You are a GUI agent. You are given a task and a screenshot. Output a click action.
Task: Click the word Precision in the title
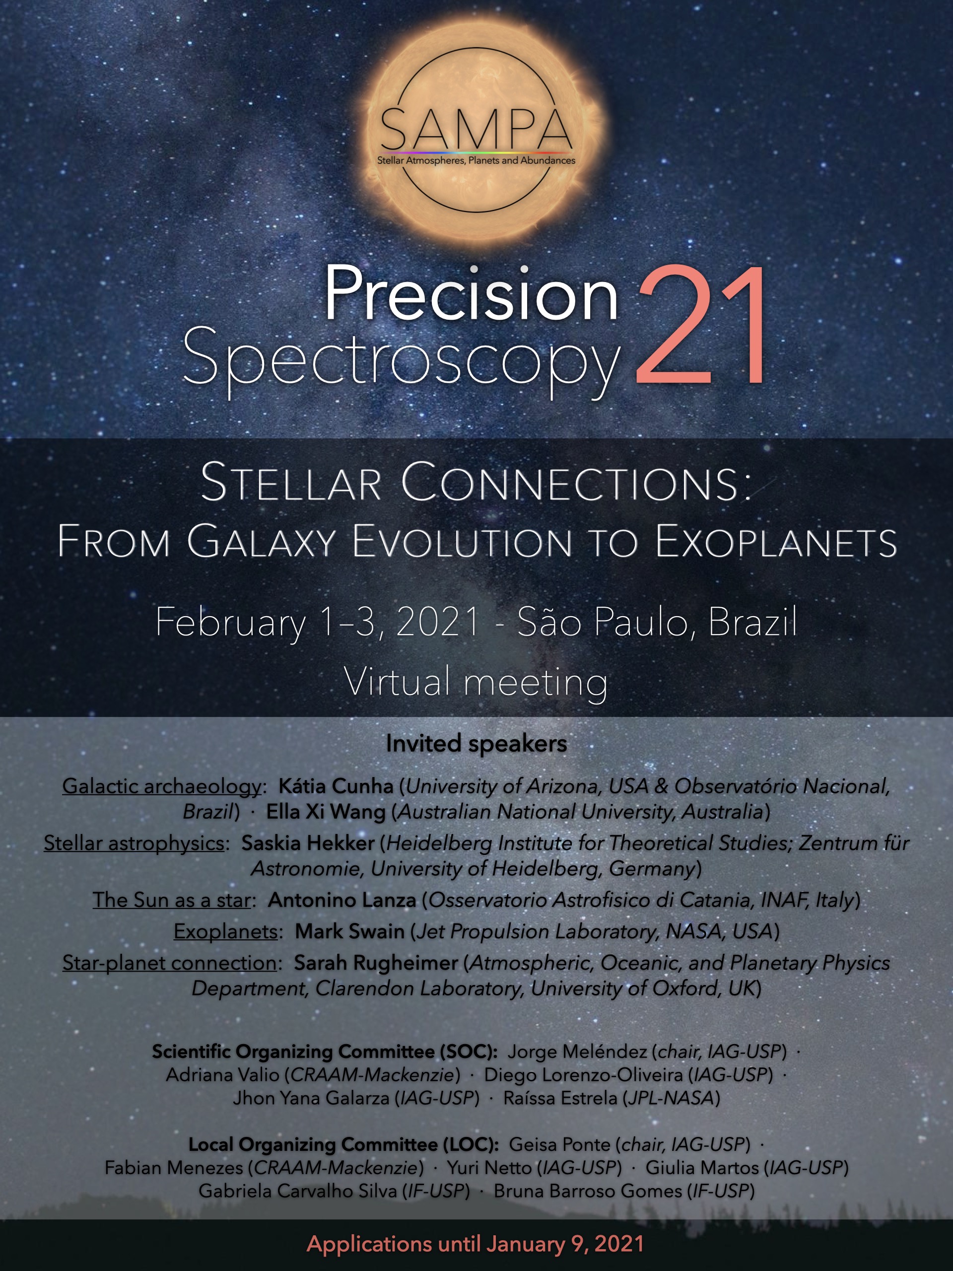pyautogui.click(x=471, y=293)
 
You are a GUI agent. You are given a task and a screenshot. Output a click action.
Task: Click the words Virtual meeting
pyautogui.click(x=476, y=683)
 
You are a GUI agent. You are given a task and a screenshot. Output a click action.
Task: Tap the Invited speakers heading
pyautogui.click(x=476, y=744)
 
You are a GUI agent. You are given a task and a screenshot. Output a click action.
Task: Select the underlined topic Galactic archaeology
pyautogui.click(x=161, y=786)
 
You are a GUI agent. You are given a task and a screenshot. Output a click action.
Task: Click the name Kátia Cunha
pyautogui.click(x=336, y=786)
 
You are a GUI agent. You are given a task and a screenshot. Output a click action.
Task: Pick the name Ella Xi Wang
pyautogui.click(x=326, y=812)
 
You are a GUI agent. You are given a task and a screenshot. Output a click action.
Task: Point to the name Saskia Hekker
pyautogui.click(x=308, y=843)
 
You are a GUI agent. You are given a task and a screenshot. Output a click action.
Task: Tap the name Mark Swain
pyautogui.click(x=350, y=931)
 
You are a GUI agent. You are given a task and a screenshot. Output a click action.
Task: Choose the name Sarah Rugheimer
pyautogui.click(x=376, y=963)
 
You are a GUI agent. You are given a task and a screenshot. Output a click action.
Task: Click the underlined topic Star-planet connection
pyautogui.click(x=169, y=963)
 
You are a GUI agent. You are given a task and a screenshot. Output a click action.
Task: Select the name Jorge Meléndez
pyautogui.click(x=577, y=1052)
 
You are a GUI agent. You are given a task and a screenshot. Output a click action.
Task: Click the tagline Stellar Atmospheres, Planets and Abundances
pyautogui.click(x=476, y=161)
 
